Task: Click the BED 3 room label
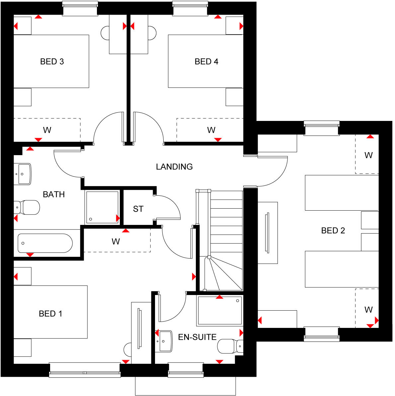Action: tap(52, 61)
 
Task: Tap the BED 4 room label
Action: tap(206, 61)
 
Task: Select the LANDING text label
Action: tap(174, 166)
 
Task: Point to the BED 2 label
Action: tap(333, 231)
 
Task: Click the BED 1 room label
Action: tap(50, 314)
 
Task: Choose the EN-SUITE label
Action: tap(197, 337)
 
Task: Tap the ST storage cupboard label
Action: tap(138, 209)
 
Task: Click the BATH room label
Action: tap(54, 194)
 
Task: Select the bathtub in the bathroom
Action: tap(45, 243)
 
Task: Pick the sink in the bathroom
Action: tap(23, 174)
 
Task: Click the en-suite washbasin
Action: tap(165, 341)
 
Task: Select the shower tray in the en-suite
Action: tap(220, 310)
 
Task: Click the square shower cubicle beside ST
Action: tap(102, 207)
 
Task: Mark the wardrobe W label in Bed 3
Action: tap(47, 130)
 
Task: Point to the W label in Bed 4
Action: tap(211, 130)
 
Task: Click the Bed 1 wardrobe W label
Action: tap(116, 242)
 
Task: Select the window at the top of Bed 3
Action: tap(80, 9)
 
